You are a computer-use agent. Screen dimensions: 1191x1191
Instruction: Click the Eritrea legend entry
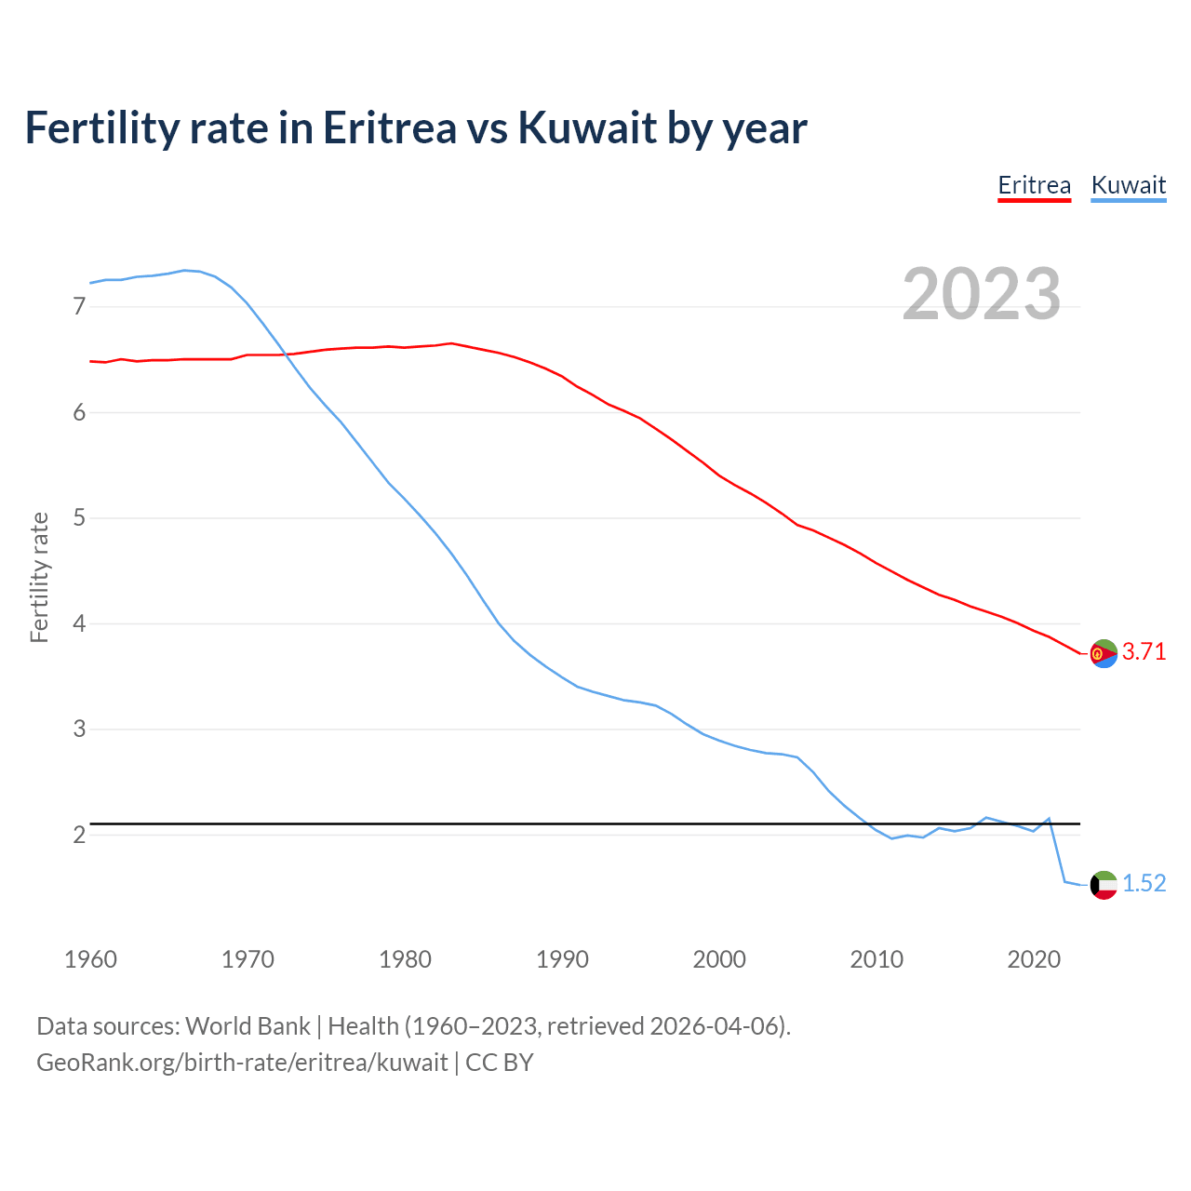(1034, 185)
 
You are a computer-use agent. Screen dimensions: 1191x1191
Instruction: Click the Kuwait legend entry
(1128, 185)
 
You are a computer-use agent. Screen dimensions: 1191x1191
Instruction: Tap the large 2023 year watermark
(982, 294)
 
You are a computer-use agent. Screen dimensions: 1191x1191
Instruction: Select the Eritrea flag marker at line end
(1103, 654)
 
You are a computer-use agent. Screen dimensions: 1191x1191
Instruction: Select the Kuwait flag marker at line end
(1103, 885)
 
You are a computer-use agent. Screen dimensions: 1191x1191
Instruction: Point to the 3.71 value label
(1144, 652)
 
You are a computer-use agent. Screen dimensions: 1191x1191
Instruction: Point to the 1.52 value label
(1144, 883)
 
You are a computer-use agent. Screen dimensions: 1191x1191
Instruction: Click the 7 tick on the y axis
(79, 306)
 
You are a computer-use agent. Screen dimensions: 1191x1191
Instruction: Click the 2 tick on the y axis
(79, 835)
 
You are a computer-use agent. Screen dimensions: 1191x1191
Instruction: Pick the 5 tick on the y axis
(79, 517)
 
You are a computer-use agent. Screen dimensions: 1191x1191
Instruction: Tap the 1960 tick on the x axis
(90, 959)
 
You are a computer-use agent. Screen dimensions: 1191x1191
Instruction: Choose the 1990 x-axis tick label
(562, 959)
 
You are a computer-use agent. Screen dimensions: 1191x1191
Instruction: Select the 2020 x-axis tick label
(1034, 959)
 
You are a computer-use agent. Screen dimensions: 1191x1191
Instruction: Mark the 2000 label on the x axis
(719, 959)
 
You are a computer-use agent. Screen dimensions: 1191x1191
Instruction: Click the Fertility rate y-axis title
(39, 577)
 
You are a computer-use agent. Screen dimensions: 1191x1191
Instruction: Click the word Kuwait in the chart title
(587, 127)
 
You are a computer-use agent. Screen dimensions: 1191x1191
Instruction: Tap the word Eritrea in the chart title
(389, 127)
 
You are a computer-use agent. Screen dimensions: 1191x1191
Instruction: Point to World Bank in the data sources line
(248, 1026)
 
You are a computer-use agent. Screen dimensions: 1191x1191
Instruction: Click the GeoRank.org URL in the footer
(242, 1063)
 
